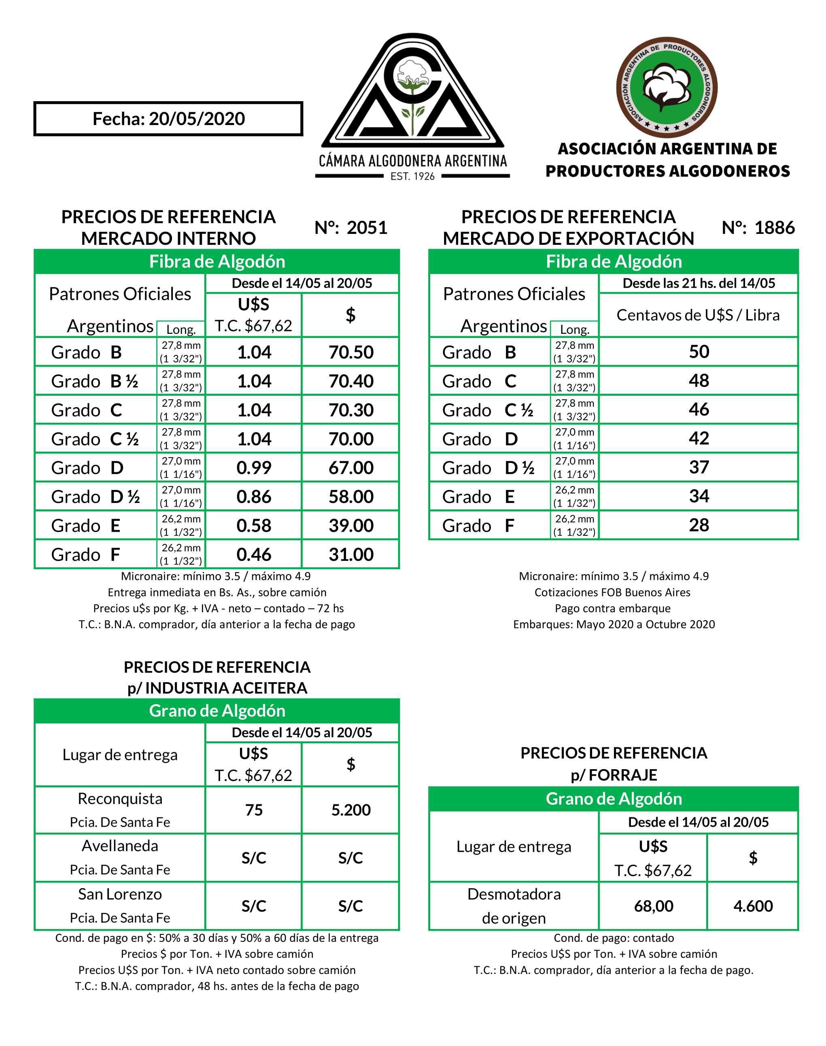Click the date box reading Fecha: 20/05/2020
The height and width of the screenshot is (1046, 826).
168,119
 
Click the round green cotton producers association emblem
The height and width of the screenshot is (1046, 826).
667,87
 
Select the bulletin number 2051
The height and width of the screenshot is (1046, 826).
367,228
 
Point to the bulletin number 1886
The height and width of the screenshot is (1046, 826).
774,228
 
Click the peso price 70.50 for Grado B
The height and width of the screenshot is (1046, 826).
351,352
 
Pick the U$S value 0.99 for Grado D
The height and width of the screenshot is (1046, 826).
254,468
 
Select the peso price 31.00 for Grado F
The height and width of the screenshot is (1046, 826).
351,554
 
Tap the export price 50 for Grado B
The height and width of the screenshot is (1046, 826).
699,352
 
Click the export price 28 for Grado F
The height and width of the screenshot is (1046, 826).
699,525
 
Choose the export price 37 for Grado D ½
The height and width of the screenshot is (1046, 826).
699,467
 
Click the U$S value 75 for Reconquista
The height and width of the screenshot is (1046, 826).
254,810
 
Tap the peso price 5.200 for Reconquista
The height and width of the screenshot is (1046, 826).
351,810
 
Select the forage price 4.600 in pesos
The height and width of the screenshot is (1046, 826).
753,906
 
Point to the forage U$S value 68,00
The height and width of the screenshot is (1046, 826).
653,906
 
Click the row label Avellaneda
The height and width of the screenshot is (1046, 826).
120,846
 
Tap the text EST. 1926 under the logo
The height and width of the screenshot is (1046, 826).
412,176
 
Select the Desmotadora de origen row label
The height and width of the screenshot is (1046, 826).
514,906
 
